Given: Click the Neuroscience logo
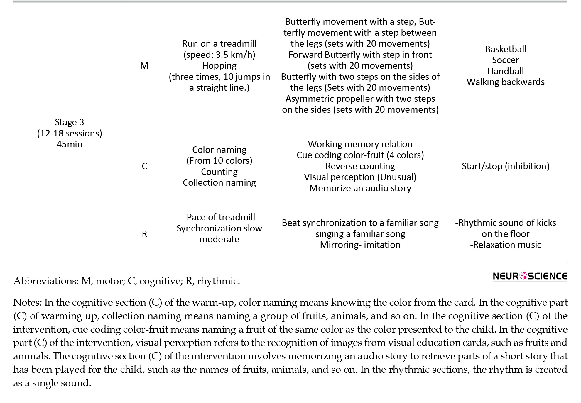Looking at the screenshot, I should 530,276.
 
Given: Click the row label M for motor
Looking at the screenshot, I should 144,65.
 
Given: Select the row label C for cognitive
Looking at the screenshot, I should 144,166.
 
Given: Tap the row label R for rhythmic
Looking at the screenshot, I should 144,234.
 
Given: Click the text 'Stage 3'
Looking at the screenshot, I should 70,122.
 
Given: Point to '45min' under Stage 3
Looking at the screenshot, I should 70,144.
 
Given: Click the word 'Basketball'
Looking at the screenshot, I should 505,49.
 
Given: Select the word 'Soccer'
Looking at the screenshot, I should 505,60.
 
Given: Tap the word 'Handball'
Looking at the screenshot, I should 505,71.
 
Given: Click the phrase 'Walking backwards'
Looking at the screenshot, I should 505,82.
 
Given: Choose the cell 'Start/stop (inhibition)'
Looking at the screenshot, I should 505,166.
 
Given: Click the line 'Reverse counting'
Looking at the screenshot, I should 360,166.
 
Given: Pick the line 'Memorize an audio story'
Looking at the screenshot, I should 360,188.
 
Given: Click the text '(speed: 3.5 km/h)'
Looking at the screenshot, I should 219,55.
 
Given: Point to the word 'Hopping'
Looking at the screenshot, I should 219,66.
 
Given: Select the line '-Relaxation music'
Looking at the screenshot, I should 505,245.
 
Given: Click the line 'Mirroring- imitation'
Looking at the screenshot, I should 360,245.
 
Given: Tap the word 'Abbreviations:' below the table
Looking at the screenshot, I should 45,281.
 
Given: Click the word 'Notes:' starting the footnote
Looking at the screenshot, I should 28,303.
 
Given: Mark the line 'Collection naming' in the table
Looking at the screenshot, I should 219,183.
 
